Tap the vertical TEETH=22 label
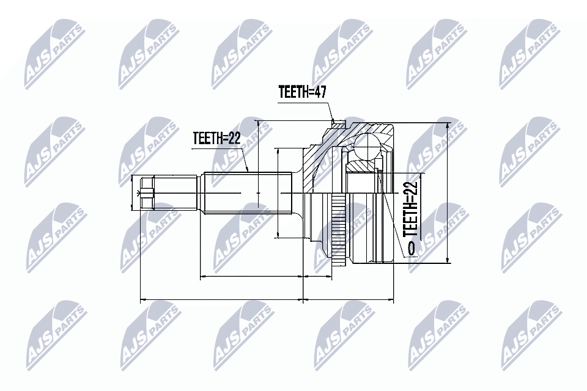click(x=410, y=208)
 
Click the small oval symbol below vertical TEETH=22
click(x=410, y=247)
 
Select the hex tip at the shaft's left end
click(x=146, y=194)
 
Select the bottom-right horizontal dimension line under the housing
click(x=349, y=300)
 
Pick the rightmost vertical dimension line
click(x=448, y=192)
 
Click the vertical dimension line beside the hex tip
click(x=133, y=194)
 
